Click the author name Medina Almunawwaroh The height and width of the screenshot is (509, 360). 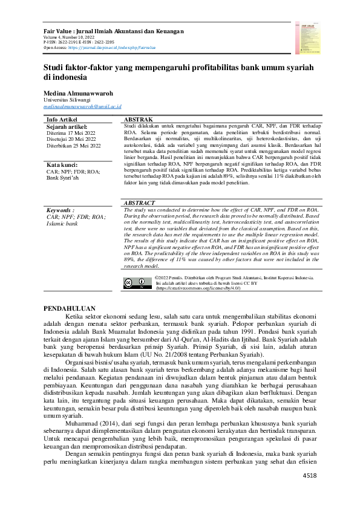[82, 94]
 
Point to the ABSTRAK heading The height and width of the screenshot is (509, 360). [138, 120]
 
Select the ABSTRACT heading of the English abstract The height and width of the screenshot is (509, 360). [140, 204]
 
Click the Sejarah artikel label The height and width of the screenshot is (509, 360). [67, 126]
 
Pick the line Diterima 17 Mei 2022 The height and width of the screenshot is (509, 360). [71, 133]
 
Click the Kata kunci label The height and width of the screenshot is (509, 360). [64, 165]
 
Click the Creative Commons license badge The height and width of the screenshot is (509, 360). [137, 282]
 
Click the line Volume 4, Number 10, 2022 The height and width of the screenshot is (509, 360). [69, 37]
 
